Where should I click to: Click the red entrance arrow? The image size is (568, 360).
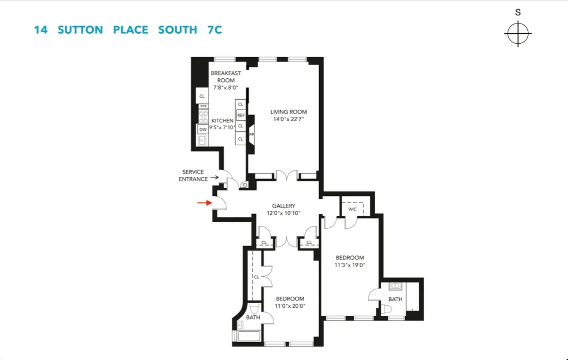pyautogui.click(x=204, y=203)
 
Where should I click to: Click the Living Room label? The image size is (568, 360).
pyautogui.click(x=288, y=112)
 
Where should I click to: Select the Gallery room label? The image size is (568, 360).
pyautogui.click(x=284, y=206)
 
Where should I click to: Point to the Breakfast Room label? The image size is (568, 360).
pyautogui.click(x=226, y=77)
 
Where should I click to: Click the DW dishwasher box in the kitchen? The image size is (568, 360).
pyautogui.click(x=202, y=129)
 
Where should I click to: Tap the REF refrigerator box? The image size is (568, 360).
pyautogui.click(x=241, y=116)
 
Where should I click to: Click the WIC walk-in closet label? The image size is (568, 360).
pyautogui.click(x=352, y=209)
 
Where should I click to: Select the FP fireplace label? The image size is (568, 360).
pyautogui.click(x=252, y=135)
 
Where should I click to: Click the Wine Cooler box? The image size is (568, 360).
pyautogui.click(x=203, y=107)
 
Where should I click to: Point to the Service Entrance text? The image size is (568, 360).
pyautogui.click(x=193, y=176)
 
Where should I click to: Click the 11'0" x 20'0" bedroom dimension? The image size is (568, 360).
pyautogui.click(x=290, y=306)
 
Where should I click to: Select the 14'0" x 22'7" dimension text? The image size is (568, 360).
pyautogui.click(x=288, y=119)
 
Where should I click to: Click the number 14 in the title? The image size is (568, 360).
pyautogui.click(x=40, y=30)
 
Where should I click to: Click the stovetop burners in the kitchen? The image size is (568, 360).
pyautogui.click(x=203, y=117)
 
